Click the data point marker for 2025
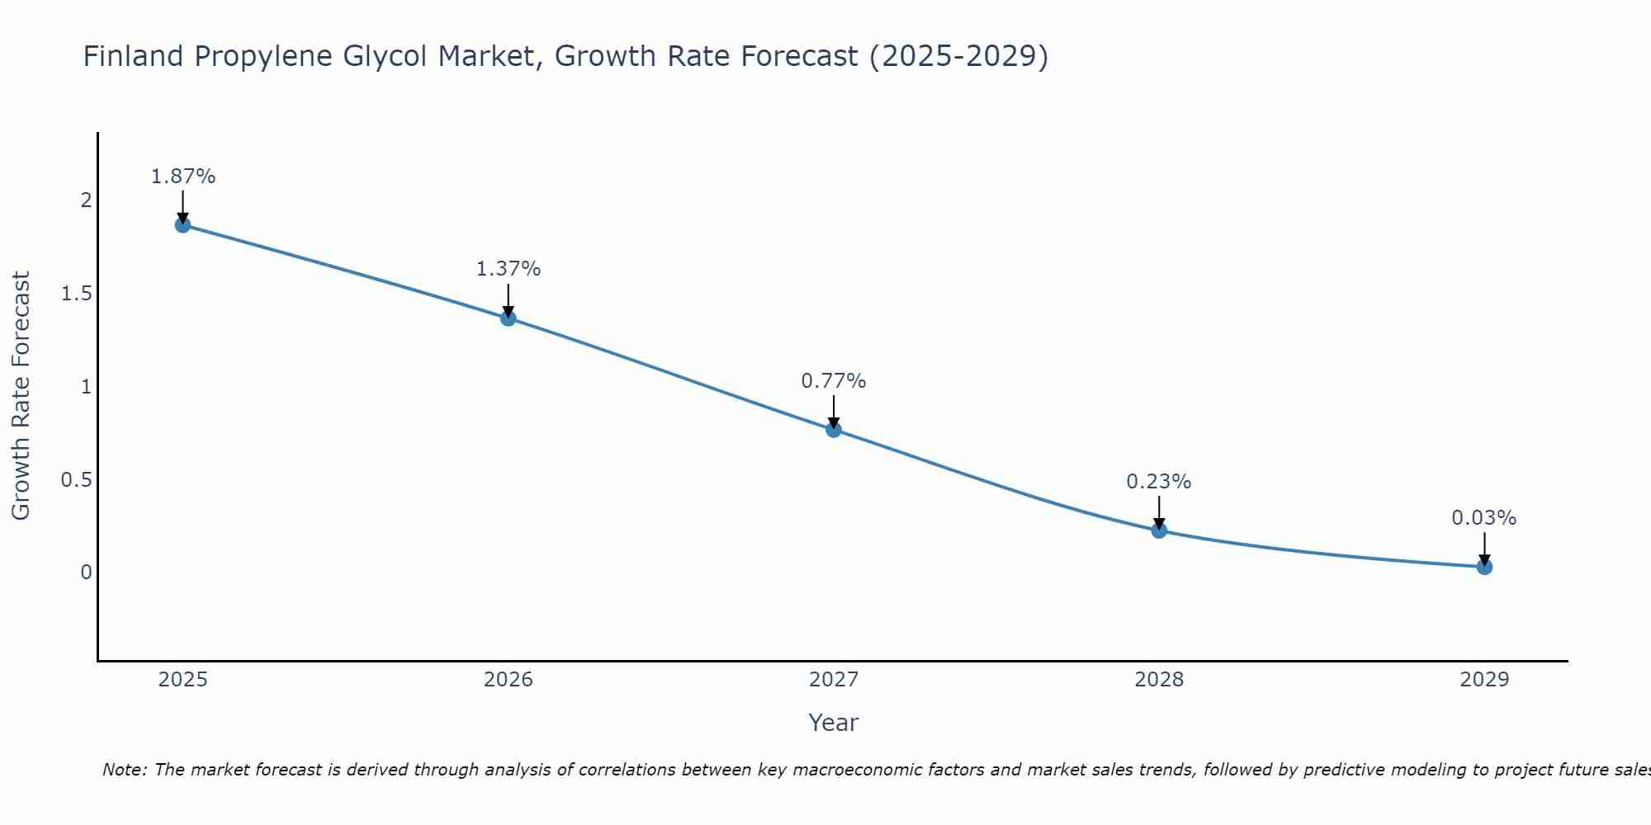[x=183, y=225]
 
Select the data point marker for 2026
[x=509, y=318]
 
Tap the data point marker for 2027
[x=834, y=429]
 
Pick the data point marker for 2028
[x=1159, y=530]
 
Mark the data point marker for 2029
[x=1484, y=567]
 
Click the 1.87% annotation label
[x=183, y=177]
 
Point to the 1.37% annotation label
[x=509, y=269]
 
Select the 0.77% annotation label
[x=834, y=381]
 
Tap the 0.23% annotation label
[x=1159, y=482]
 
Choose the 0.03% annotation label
[x=1484, y=518]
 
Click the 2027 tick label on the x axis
[x=834, y=680]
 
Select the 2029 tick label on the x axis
[x=1484, y=680]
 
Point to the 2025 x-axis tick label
[x=183, y=680]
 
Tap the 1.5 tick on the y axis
[x=76, y=295]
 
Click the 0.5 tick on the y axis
[x=76, y=480]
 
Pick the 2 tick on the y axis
[x=86, y=201]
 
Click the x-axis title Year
[x=834, y=723]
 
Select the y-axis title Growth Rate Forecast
[x=21, y=396]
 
